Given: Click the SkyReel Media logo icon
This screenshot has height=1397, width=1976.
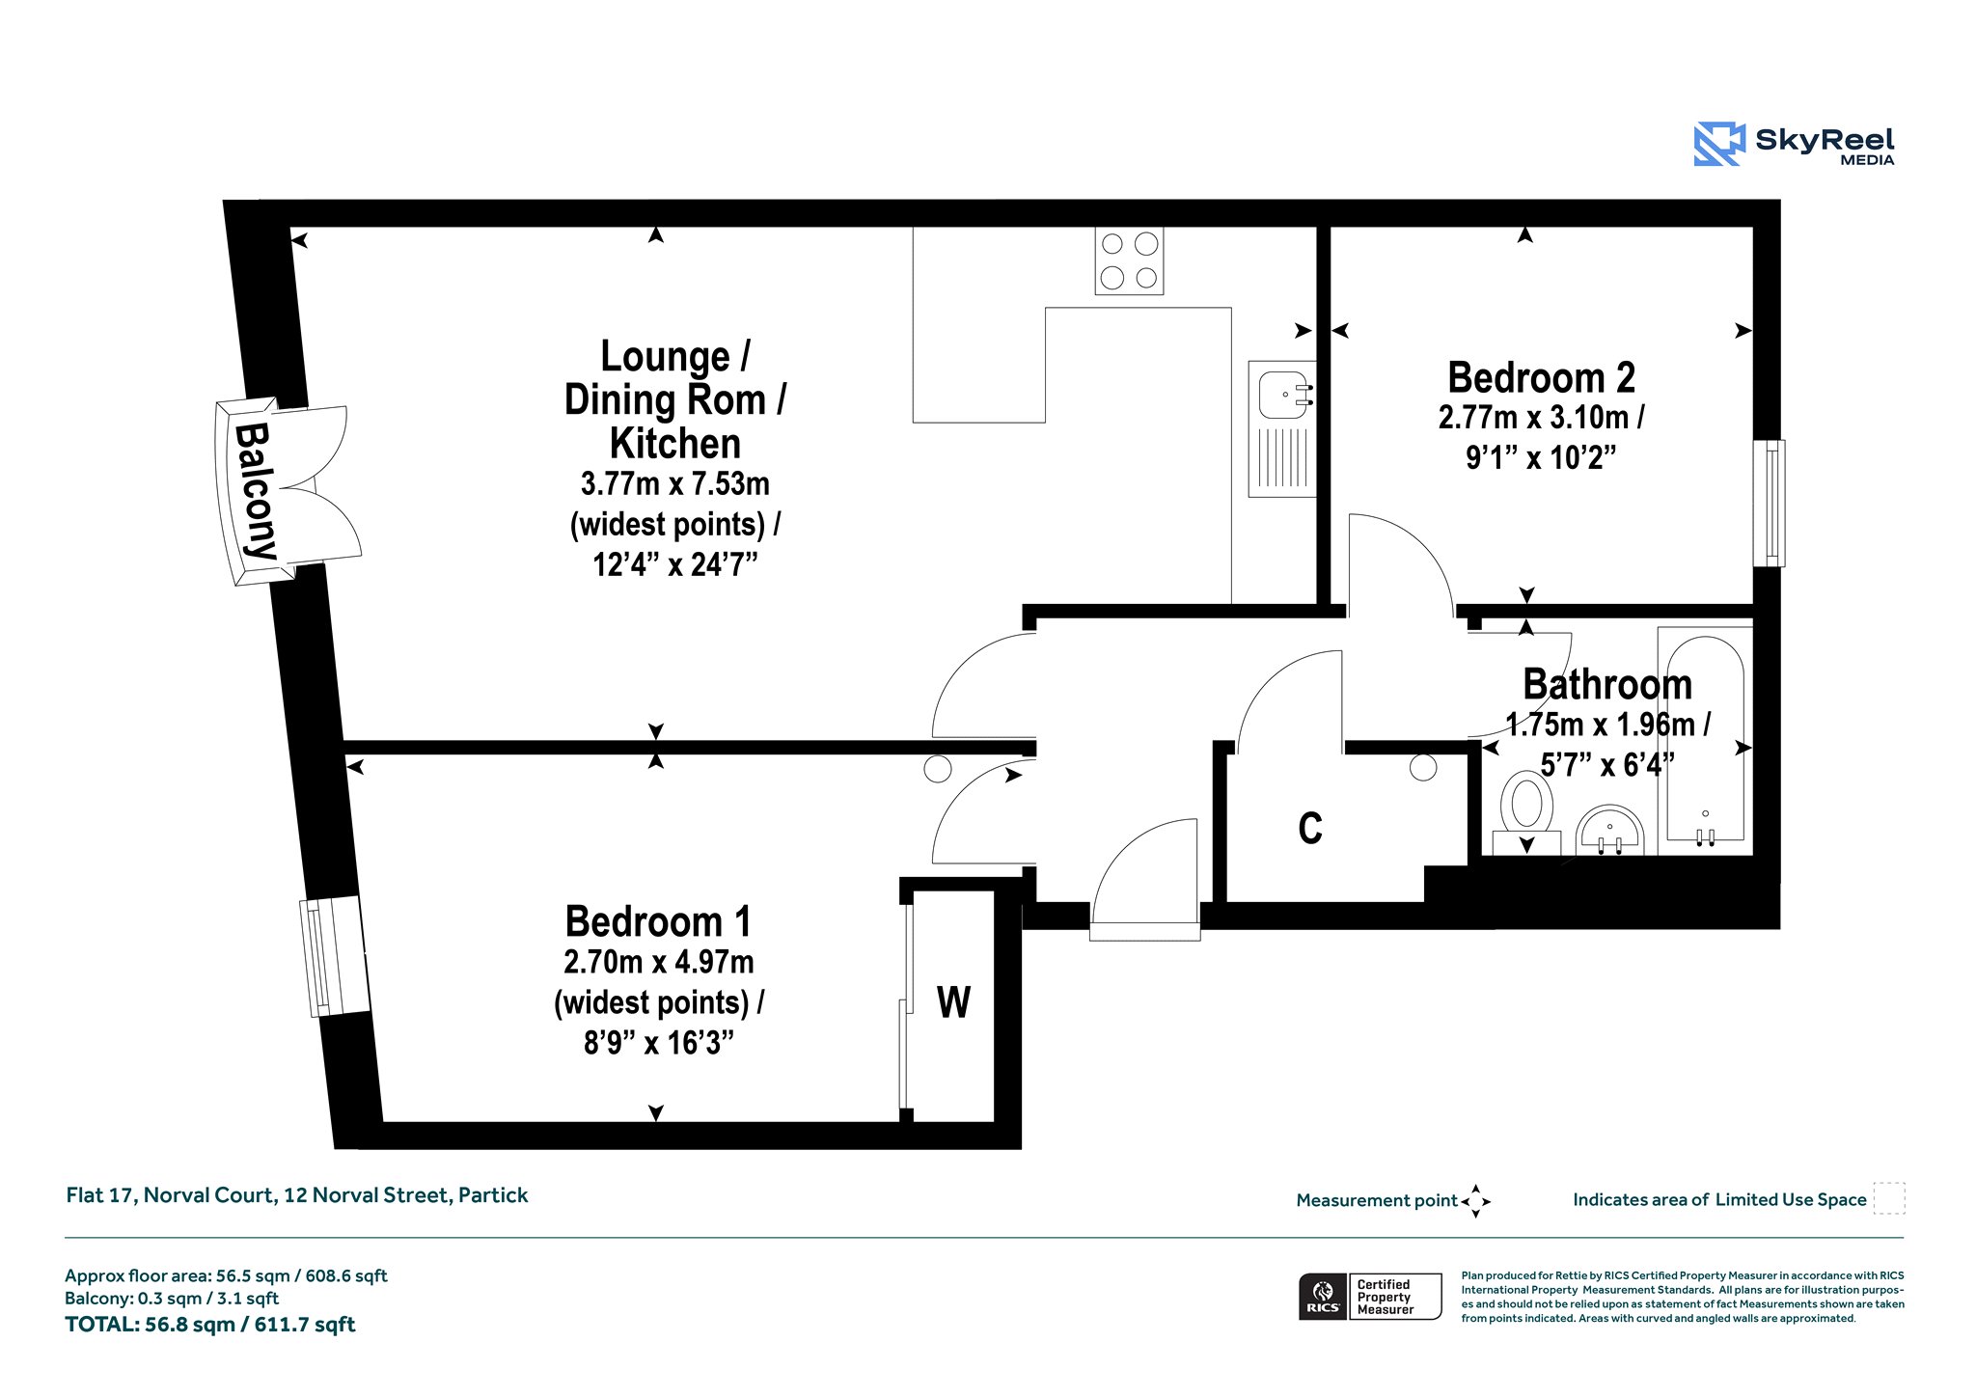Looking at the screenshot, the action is [1719, 144].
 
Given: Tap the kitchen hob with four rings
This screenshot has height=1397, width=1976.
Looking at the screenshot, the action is [1129, 260].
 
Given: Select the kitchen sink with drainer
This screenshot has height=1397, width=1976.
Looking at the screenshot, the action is [1282, 429].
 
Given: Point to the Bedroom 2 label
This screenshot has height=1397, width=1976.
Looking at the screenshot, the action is [1541, 377].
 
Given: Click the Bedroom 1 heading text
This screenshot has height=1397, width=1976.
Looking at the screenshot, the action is [658, 921].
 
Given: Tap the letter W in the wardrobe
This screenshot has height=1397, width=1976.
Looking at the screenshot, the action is [953, 1002].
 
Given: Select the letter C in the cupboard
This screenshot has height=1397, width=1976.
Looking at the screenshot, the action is [1310, 829].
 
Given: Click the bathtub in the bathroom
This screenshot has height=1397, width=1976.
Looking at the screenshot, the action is [1705, 741].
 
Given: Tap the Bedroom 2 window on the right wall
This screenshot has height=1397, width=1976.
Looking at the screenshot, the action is [1770, 503].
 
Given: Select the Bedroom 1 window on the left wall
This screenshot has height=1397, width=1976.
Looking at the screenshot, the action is [334, 956].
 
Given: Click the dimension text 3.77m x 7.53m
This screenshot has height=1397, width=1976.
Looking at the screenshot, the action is [674, 483].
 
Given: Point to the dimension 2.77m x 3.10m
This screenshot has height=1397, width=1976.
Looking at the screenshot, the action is [1541, 418].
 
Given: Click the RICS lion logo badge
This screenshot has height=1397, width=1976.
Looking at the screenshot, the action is [1323, 1296].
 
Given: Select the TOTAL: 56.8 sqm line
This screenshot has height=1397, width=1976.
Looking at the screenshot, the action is [210, 1325].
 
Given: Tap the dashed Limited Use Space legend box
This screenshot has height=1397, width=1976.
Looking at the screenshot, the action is [1889, 1198].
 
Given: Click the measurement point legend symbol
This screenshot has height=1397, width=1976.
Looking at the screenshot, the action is [1476, 1201].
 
